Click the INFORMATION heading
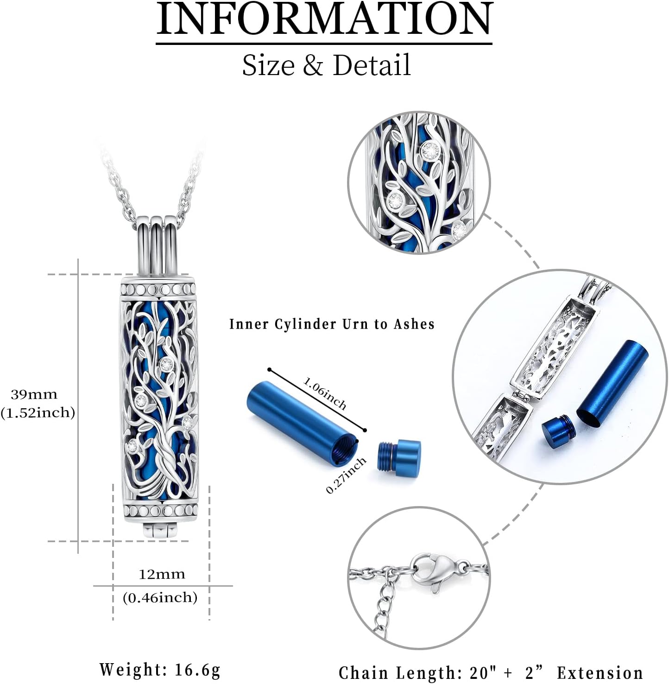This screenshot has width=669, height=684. [x=324, y=19]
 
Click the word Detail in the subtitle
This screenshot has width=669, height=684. [x=372, y=65]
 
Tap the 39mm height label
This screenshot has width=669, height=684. [x=34, y=395]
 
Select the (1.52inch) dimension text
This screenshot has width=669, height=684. [x=38, y=412]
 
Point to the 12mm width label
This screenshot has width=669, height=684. [x=162, y=575]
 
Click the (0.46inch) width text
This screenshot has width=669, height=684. [x=160, y=598]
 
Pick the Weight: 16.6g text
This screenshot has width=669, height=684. [x=160, y=670]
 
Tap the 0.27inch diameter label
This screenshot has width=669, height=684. [x=346, y=475]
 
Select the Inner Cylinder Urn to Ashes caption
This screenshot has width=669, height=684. [x=332, y=324]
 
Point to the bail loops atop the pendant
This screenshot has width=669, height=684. [x=158, y=246]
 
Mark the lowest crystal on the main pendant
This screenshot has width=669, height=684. [x=132, y=446]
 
